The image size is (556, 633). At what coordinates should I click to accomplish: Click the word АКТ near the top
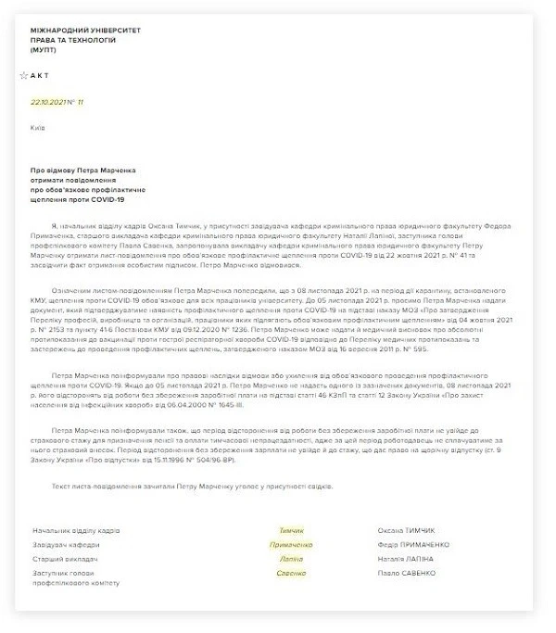pos(41,76)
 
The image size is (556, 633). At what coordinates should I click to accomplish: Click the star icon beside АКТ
pos(23,76)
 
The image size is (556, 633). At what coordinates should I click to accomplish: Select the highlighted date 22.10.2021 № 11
pos(57,101)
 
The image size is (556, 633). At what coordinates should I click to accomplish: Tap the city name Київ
pos(38,127)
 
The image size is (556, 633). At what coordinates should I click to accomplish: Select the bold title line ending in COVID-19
pos(77,200)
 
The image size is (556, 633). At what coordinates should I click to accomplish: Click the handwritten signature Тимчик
pos(290,531)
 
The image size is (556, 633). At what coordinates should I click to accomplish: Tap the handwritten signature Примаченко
pos(290,546)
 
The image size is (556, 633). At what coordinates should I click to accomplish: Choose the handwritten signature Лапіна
pos(290,560)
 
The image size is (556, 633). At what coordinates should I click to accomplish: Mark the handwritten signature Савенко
pos(290,574)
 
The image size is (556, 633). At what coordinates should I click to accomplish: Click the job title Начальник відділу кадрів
pos(76,531)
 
